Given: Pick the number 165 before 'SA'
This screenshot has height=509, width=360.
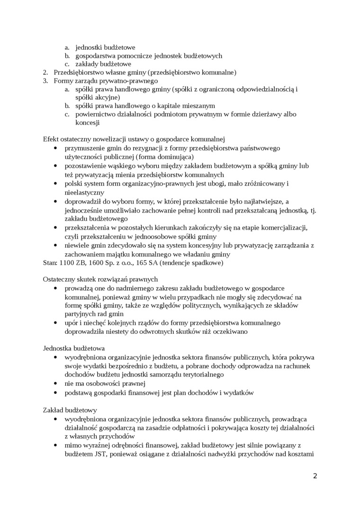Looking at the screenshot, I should (x=154, y=262).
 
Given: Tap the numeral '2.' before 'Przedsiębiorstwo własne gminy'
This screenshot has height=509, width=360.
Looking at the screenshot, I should (x=45, y=72).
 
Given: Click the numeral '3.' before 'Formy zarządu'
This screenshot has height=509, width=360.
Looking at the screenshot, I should (x=45, y=81).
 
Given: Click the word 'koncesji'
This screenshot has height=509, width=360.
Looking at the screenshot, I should (x=88, y=123).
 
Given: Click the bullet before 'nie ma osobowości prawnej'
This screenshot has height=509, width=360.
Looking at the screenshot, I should (x=56, y=384).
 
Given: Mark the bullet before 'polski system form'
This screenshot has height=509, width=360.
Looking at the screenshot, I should (x=56, y=183).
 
